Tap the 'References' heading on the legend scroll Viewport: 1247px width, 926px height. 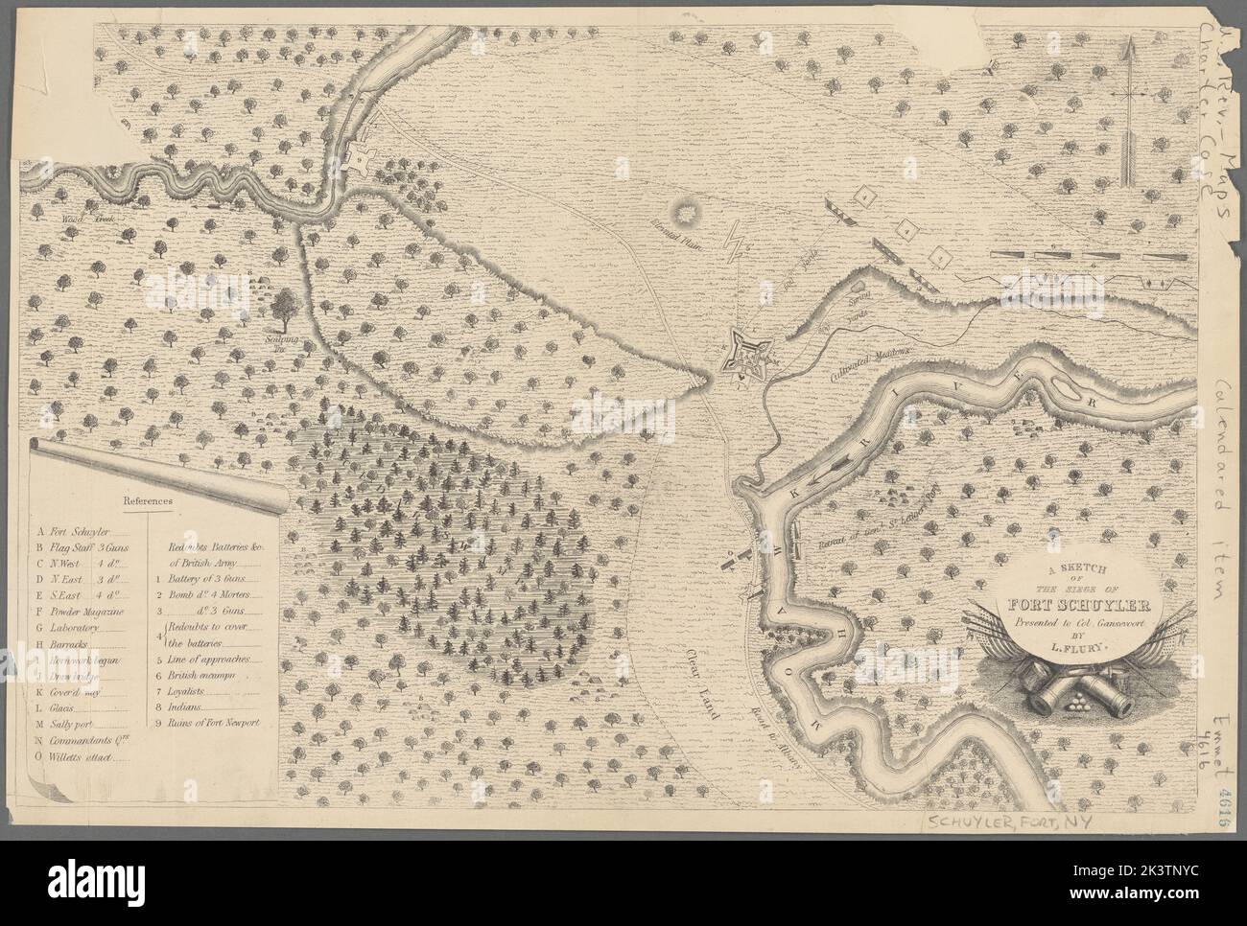click(147, 499)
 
